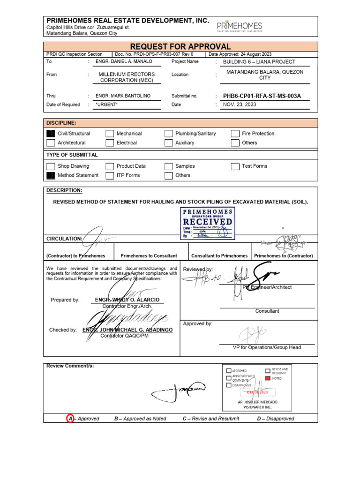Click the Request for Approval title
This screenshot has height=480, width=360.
[x=180, y=46]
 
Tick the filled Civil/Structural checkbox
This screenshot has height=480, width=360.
[x=51, y=134]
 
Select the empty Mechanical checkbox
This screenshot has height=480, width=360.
[x=110, y=134]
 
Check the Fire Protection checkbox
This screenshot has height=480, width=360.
[x=235, y=134]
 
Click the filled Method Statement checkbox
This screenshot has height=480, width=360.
[x=51, y=175]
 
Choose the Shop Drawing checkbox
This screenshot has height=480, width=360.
[x=51, y=166]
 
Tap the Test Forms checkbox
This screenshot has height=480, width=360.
[x=235, y=166]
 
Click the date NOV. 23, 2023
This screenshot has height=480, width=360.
[x=240, y=105]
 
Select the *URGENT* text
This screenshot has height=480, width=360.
[x=106, y=105]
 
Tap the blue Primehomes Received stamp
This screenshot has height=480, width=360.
[x=208, y=224]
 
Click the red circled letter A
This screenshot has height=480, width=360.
[x=71, y=418]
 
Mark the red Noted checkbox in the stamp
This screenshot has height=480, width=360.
[x=267, y=378]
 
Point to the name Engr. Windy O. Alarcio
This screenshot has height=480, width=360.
[x=127, y=300]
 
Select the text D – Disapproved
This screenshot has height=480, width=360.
[x=276, y=419]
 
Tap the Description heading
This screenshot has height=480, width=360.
[x=64, y=190]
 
